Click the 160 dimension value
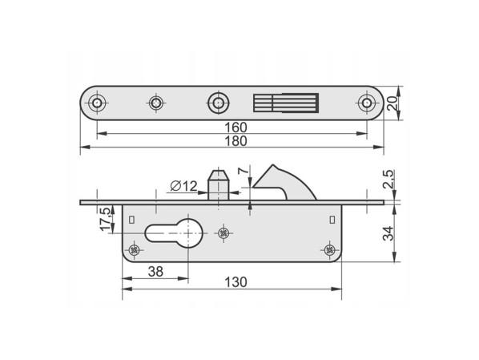[x=235, y=127]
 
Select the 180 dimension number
[x=235, y=141]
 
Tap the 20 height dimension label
[x=392, y=103]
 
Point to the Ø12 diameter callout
[x=183, y=186]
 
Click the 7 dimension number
[x=244, y=171]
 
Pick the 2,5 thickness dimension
[x=388, y=179]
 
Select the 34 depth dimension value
[x=388, y=233]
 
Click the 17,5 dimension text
[x=106, y=219]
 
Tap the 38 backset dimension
[x=155, y=272]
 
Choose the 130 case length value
[x=235, y=282]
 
